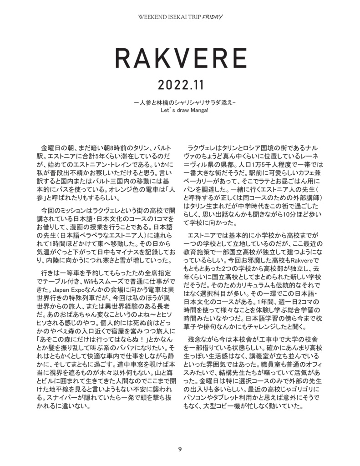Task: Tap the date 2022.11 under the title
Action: (180, 85)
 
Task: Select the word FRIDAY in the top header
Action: (213, 17)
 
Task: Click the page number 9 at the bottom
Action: (180, 449)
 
